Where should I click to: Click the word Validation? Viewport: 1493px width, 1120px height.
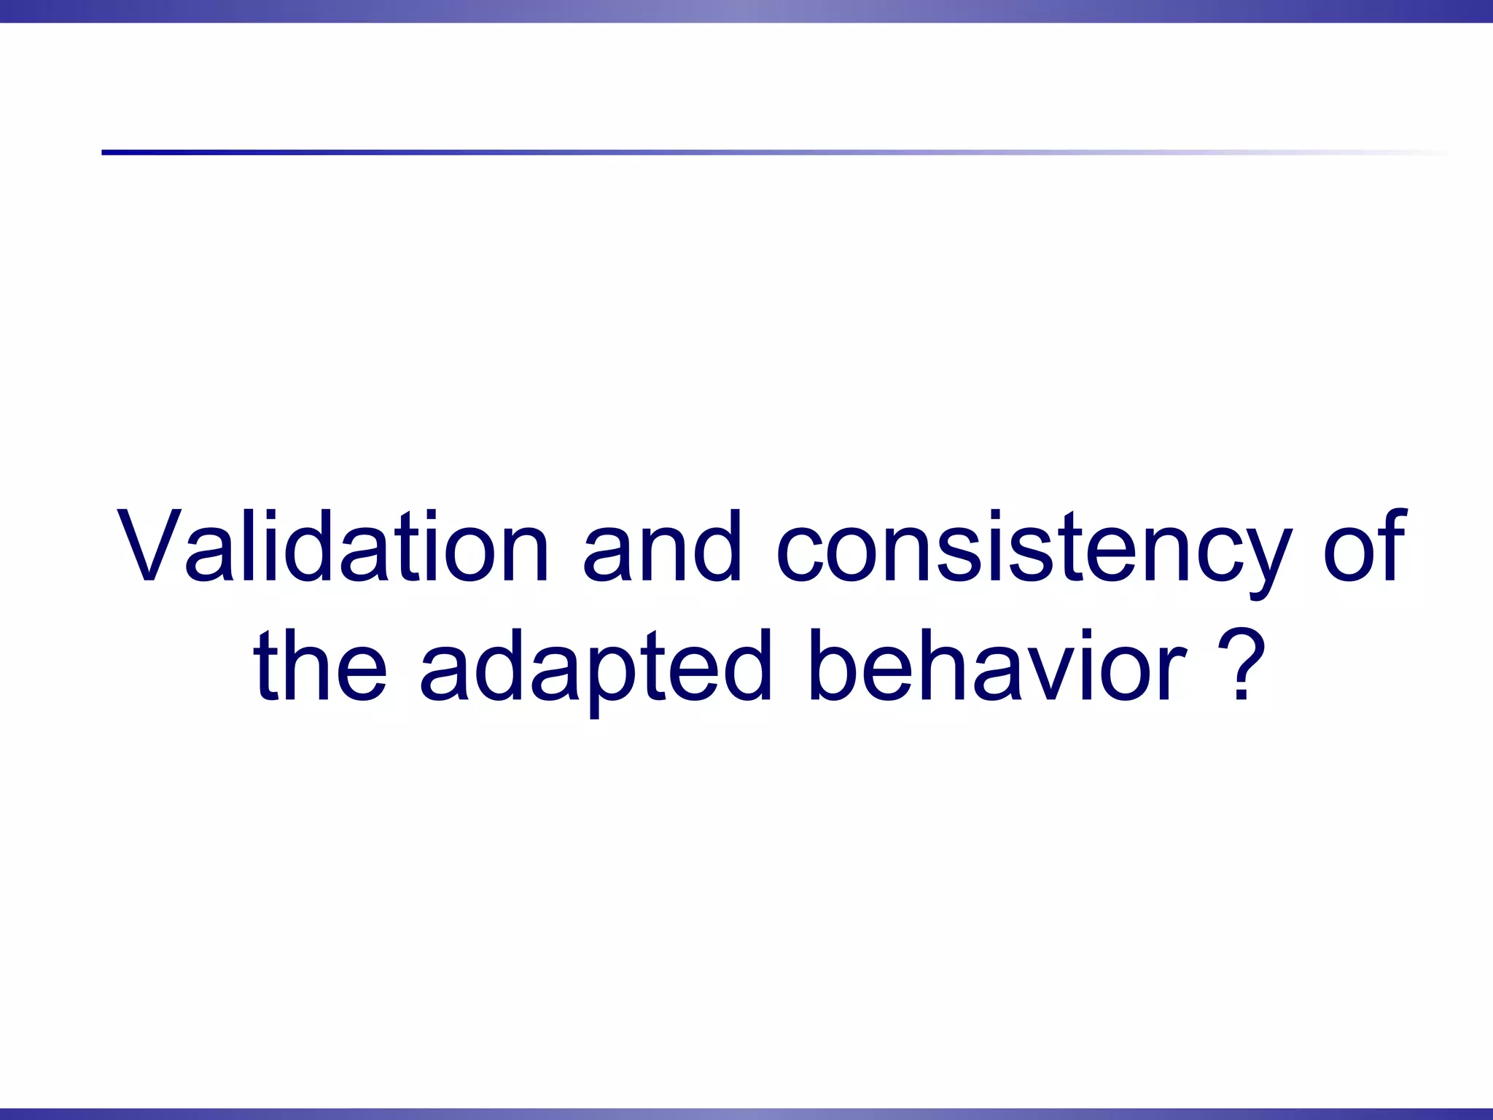coord(332,547)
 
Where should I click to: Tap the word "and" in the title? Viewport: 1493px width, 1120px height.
coord(661,547)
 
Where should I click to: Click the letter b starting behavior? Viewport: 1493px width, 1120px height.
coord(831,665)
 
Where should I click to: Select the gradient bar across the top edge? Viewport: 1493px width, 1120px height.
coord(746,11)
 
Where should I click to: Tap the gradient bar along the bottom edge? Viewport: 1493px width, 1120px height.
coord(746,1113)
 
